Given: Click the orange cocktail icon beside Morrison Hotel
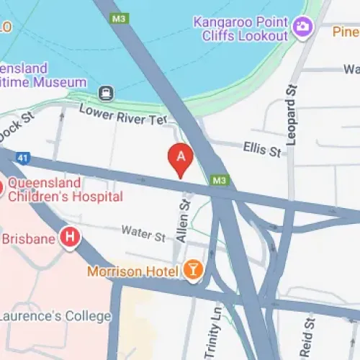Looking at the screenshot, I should click(193, 271).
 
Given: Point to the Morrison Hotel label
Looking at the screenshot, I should click(132, 271).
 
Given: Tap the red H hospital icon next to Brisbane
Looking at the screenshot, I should click(70, 237).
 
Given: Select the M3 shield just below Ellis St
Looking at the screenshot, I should click(220, 179).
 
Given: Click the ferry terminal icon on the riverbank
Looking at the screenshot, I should click(107, 92).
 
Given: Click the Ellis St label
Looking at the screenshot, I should click(262, 150).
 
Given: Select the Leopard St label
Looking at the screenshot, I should click(292, 114).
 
